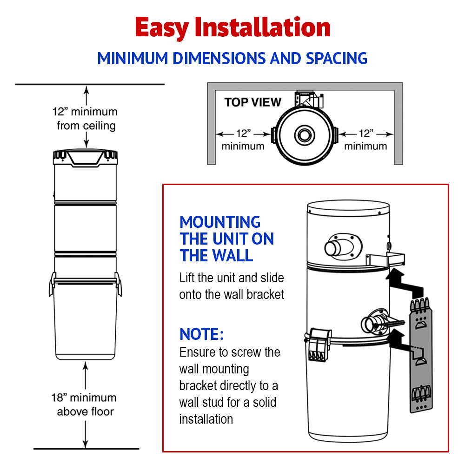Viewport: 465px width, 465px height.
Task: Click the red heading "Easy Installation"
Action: tap(233, 27)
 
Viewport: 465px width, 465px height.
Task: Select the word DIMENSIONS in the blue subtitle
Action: tap(219, 59)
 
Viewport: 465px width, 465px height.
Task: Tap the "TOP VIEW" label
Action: tap(252, 102)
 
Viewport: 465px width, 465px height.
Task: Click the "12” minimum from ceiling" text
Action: tap(85, 119)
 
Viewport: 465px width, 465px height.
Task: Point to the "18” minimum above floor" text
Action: tap(84, 405)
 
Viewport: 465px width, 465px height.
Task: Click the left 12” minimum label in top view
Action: tap(243, 139)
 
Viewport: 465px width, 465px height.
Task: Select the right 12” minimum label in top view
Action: tap(365, 139)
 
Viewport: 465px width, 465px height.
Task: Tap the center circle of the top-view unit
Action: tap(305, 135)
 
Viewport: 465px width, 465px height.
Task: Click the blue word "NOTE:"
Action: tap(202, 334)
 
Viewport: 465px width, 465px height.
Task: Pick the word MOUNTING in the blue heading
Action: tap(220, 222)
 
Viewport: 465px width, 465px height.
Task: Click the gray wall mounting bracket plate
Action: tap(421, 356)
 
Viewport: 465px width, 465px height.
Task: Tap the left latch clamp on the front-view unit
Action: tap(53, 284)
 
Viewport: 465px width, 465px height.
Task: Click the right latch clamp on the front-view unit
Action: tap(118, 284)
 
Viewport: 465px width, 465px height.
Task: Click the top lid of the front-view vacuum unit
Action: tap(86, 157)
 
